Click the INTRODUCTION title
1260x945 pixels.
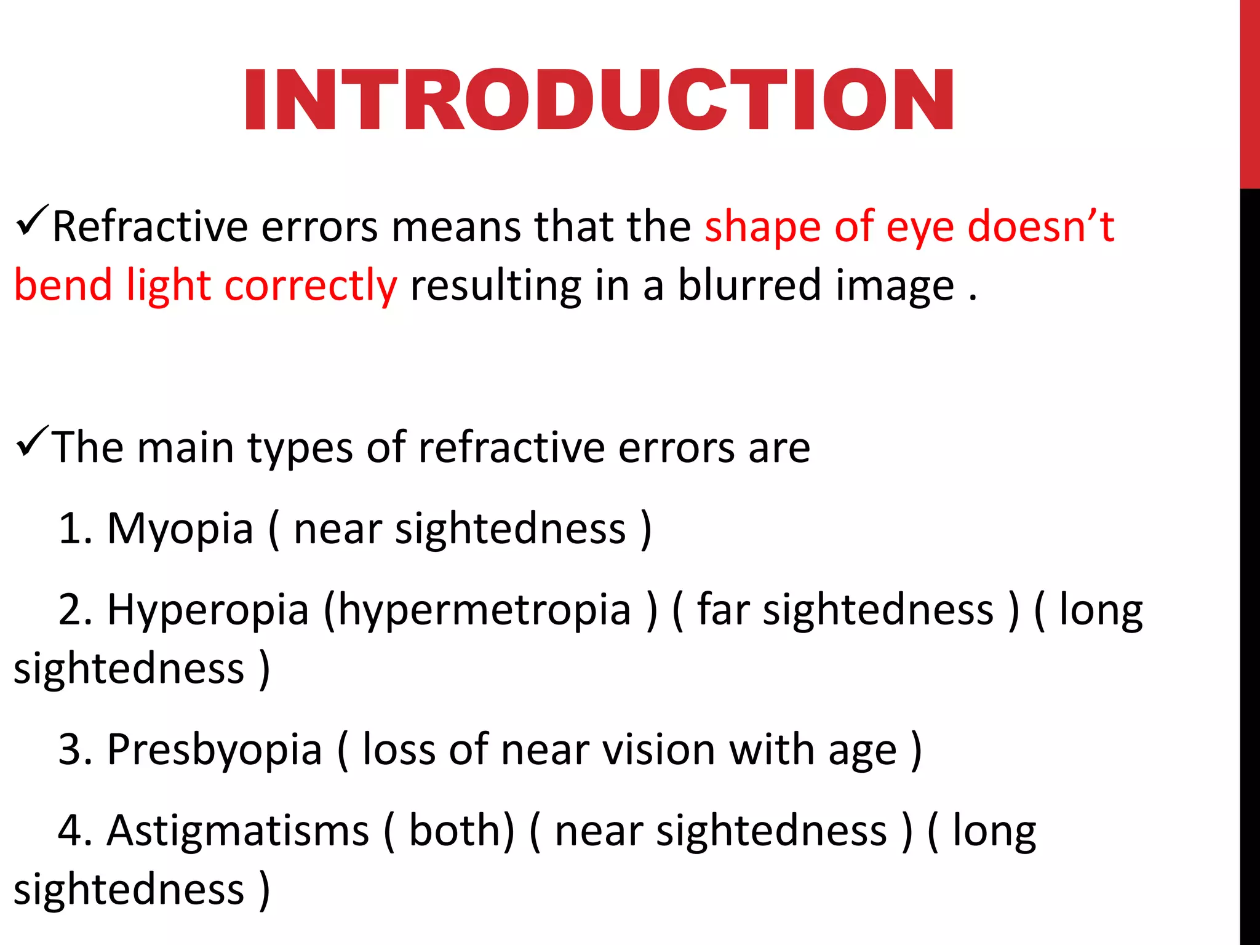coord(599,100)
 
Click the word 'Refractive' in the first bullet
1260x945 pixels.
coord(150,226)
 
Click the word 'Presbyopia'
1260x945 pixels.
coord(215,751)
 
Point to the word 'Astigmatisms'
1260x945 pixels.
coord(237,831)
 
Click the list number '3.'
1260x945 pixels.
coord(75,750)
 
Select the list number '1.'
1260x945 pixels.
coord(75,529)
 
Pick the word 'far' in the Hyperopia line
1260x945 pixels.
coord(722,610)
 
